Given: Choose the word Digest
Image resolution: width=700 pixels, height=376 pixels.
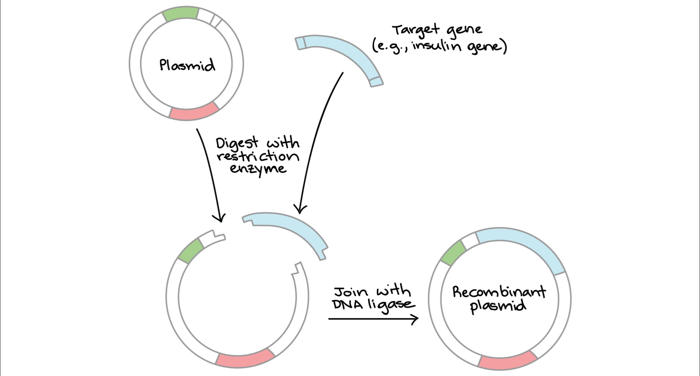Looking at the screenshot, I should [237, 143].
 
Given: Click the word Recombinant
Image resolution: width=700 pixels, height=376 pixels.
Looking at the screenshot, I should [499, 292].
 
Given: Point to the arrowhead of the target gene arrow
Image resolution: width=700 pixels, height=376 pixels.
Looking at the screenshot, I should [300, 211].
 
